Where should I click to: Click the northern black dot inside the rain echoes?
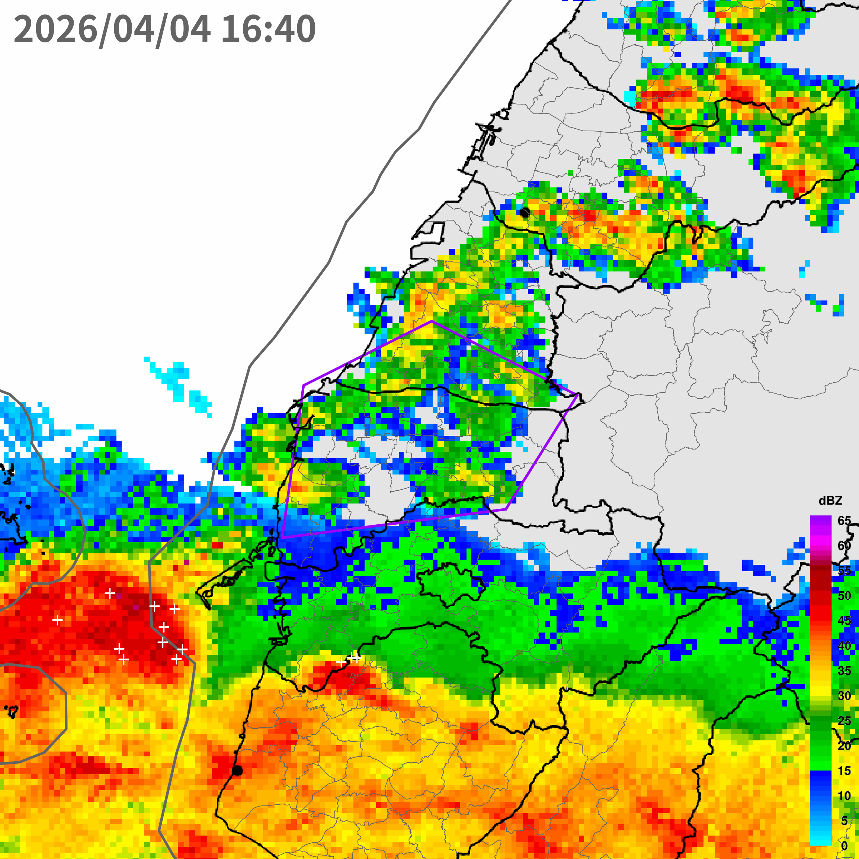point(525,213)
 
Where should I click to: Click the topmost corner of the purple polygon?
point(432,321)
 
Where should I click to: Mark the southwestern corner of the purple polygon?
point(282,538)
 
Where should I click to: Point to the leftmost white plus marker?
point(57,620)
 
